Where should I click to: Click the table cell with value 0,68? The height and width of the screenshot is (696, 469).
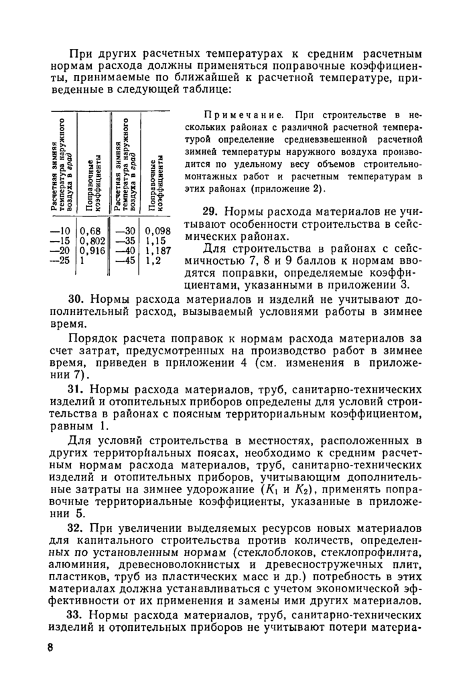[x=90, y=232]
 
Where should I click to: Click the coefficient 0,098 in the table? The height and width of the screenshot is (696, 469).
[x=158, y=232]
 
